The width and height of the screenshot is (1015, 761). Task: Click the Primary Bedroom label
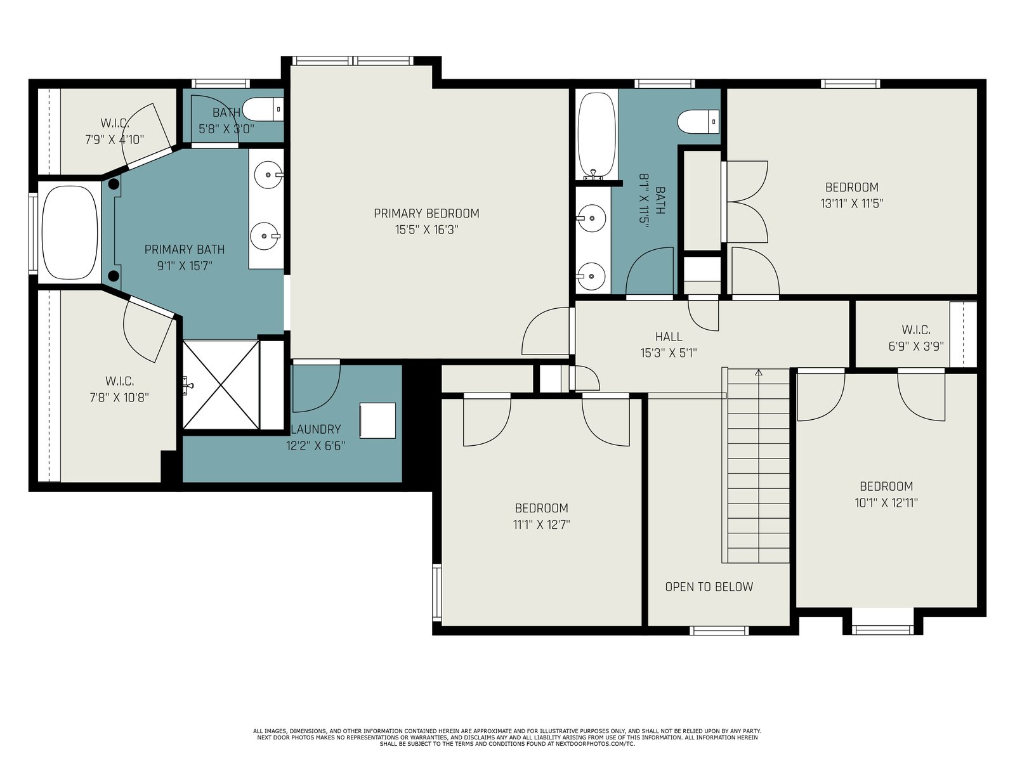tap(426, 214)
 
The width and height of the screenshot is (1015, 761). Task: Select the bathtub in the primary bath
tap(70, 232)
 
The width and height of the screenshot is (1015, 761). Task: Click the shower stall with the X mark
tap(221, 385)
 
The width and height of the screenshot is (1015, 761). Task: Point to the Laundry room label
tap(316, 429)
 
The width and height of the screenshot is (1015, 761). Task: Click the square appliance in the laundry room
tap(378, 420)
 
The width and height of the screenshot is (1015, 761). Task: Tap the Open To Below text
tap(709, 587)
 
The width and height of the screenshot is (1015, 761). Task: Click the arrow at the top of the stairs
tap(758, 372)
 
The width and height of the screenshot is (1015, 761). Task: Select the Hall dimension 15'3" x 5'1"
tap(668, 353)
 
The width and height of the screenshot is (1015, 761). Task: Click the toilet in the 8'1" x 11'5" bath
tap(698, 122)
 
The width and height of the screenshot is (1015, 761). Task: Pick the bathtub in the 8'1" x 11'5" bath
tap(597, 135)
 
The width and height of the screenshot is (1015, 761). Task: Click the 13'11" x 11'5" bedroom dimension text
tap(852, 204)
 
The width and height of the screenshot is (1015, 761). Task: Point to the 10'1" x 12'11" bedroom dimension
tap(886, 503)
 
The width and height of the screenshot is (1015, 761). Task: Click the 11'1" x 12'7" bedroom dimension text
tap(542, 525)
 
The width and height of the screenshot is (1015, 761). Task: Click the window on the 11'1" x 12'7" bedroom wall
tap(436, 592)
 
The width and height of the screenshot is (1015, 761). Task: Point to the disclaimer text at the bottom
tap(507, 738)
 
